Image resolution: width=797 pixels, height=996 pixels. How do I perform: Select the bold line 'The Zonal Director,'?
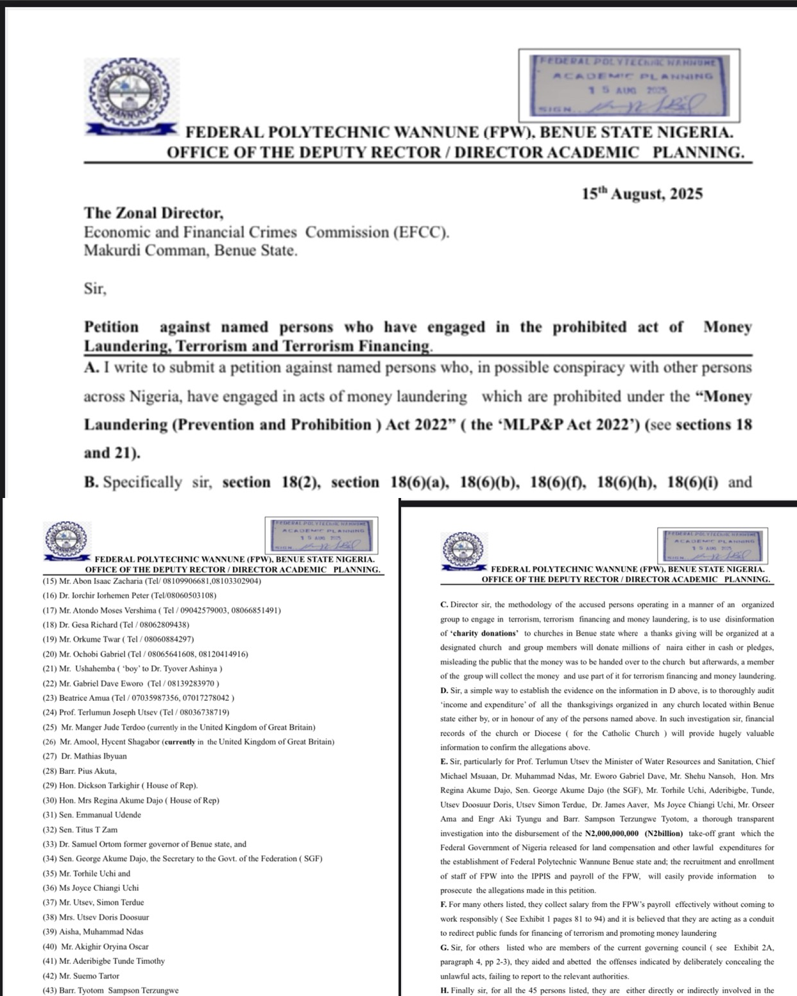(154, 212)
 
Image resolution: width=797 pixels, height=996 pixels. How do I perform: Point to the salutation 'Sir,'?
(95, 289)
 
